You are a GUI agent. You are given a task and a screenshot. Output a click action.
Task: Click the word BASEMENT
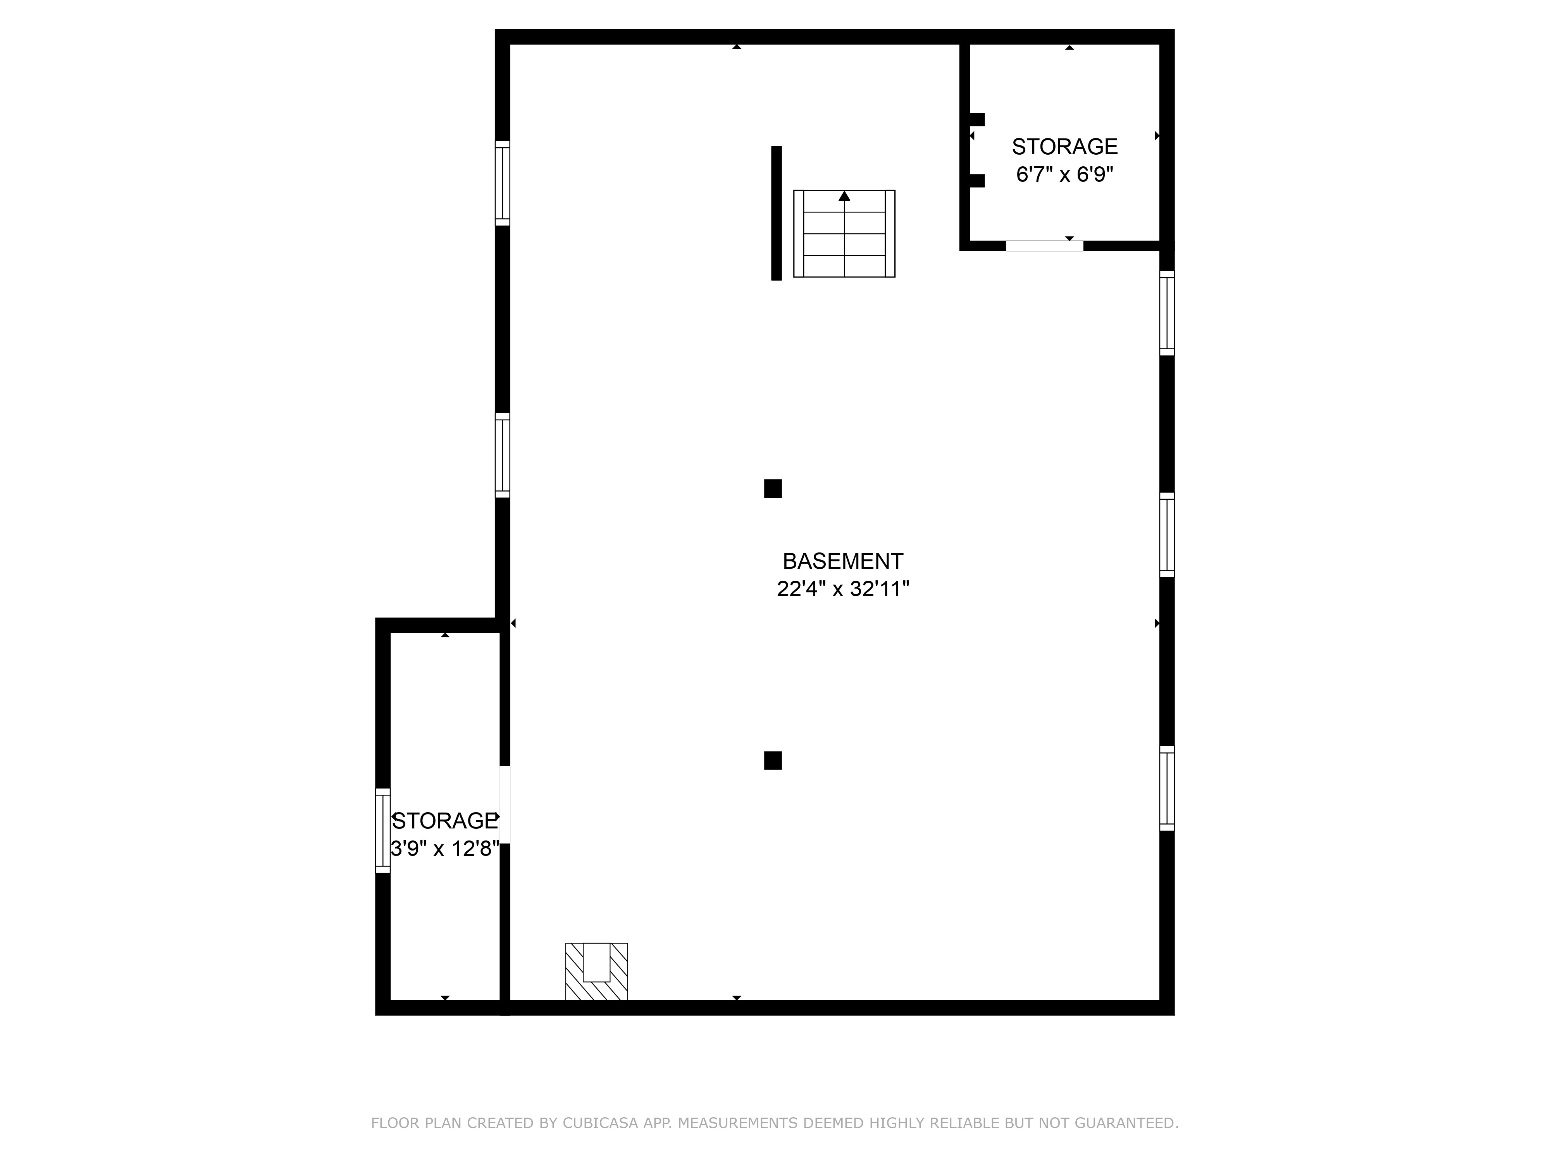(842, 561)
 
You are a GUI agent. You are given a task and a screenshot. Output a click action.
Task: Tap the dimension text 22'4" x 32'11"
(843, 589)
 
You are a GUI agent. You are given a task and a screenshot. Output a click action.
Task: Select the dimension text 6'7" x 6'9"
(1064, 174)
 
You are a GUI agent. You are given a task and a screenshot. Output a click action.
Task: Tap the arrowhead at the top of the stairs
(844, 196)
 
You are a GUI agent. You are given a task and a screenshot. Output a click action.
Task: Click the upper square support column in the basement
(773, 488)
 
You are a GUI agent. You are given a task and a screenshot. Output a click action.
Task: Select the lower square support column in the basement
(773, 761)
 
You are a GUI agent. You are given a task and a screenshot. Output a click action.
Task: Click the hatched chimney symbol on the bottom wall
(596, 971)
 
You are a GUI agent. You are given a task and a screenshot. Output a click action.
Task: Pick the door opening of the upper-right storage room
(1044, 245)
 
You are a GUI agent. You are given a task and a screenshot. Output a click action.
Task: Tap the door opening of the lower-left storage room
(505, 805)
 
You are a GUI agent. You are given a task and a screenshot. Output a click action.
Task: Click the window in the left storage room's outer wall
(382, 831)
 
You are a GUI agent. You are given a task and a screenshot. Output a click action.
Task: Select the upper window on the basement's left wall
(503, 183)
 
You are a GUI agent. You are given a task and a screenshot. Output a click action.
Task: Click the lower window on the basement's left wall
(503, 456)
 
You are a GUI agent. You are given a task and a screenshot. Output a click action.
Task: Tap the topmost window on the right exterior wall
(1167, 313)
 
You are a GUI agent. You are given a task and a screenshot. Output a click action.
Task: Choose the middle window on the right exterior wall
(1167, 535)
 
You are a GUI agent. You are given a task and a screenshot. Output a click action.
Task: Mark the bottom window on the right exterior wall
(1167, 789)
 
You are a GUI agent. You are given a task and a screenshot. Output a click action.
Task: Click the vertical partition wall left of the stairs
(777, 213)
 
